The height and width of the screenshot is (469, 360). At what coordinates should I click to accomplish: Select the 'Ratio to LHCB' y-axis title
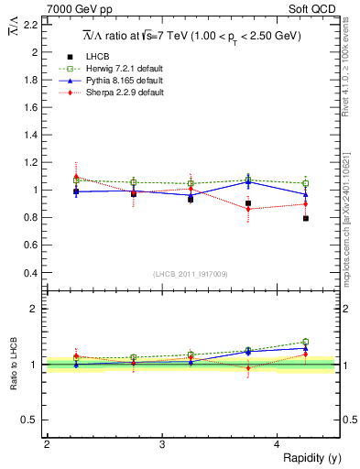coord(14,365)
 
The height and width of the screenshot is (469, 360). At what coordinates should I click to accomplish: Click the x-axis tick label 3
coord(162,444)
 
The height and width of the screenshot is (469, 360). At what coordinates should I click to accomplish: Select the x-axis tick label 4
coord(278,444)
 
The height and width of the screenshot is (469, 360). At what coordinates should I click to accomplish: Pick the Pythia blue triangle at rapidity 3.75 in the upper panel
coord(248,181)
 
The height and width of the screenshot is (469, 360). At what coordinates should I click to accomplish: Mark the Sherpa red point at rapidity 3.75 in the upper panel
coord(248,209)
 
